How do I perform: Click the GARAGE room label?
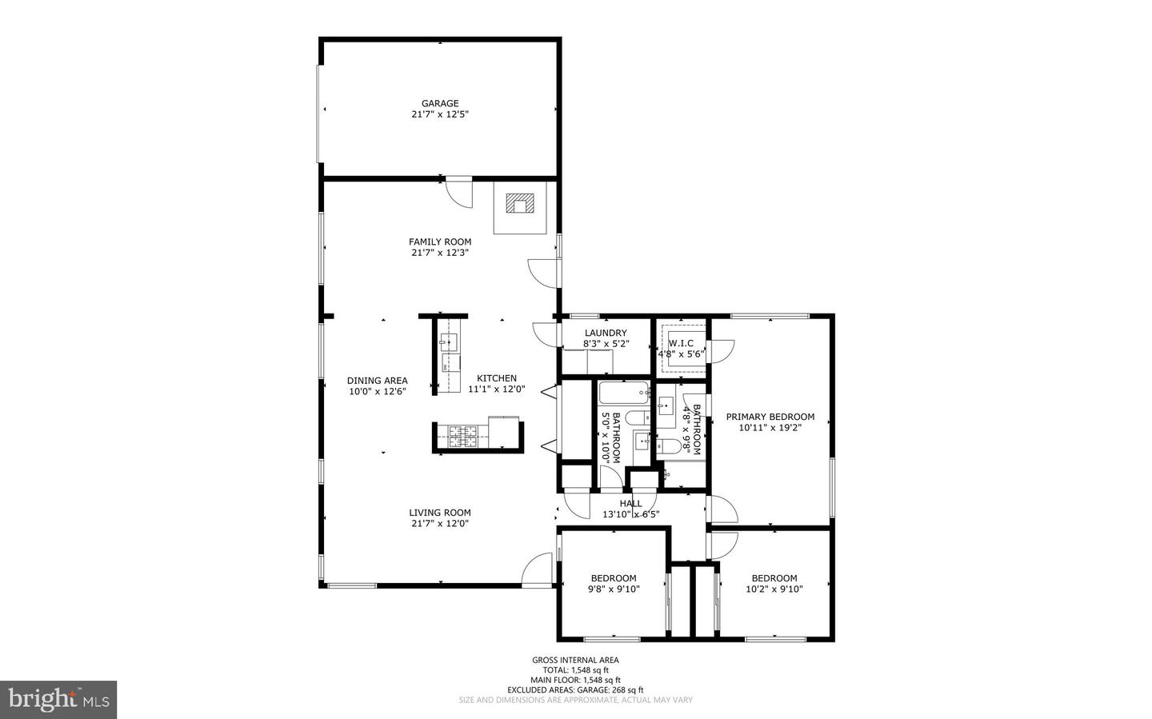[x=440, y=103]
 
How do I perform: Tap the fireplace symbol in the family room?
[x=520, y=203]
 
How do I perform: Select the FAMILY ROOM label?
[x=440, y=242]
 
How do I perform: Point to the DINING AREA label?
[x=377, y=381]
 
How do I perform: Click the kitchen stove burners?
[x=462, y=436]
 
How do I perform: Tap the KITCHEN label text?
[x=497, y=378]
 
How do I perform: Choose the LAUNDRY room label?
[x=606, y=333]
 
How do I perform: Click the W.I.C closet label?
[x=681, y=343]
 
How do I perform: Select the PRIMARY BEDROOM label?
[x=770, y=417]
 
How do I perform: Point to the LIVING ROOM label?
[x=440, y=513]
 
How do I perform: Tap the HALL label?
[x=630, y=504]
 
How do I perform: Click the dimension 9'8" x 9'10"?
[x=614, y=589]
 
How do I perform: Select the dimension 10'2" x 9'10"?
[x=774, y=589]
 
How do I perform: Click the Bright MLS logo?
[x=58, y=700]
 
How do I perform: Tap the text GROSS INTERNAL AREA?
[x=575, y=660]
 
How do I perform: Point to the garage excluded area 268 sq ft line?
[x=575, y=689]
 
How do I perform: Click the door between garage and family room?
[x=458, y=193]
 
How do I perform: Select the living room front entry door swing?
[x=537, y=571]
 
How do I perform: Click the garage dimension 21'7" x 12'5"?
[x=440, y=114]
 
